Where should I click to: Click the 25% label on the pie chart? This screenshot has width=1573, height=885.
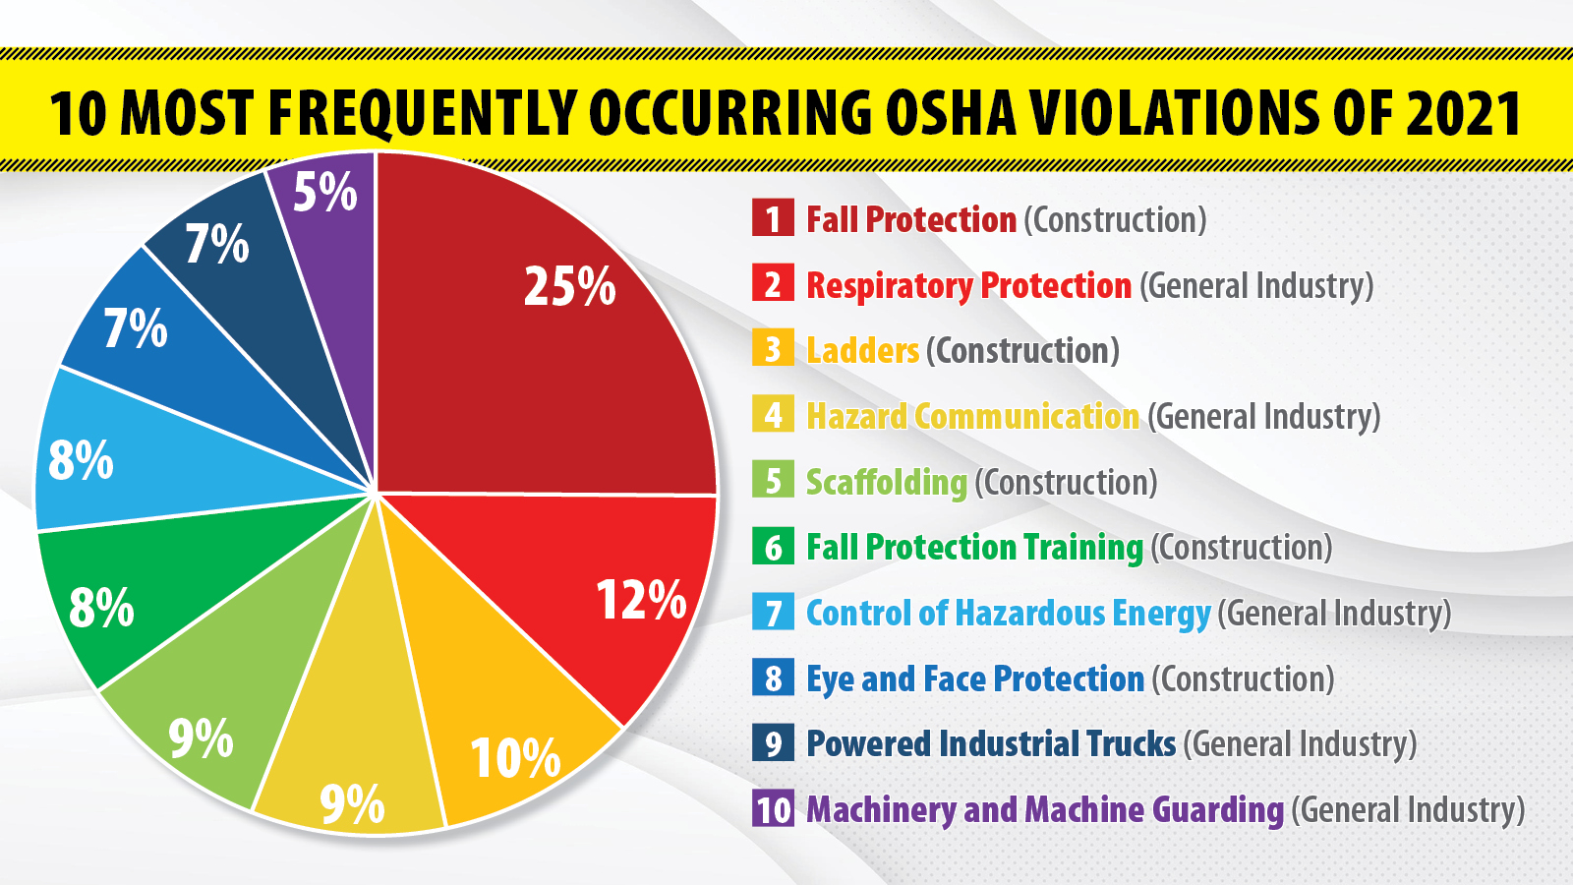click(x=569, y=287)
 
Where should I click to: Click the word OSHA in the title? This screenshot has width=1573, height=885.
click(x=951, y=113)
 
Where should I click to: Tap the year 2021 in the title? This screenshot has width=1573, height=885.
click(x=1464, y=113)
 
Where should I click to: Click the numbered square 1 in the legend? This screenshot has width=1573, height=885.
click(x=773, y=218)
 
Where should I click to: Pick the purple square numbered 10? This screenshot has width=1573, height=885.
click(x=773, y=809)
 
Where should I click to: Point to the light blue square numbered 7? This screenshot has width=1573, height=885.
click(x=773, y=613)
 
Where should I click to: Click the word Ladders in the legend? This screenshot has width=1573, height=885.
click(x=862, y=351)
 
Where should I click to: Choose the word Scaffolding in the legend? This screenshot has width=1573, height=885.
click(x=886, y=482)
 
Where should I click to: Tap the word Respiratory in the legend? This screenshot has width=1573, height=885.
click(x=889, y=285)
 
